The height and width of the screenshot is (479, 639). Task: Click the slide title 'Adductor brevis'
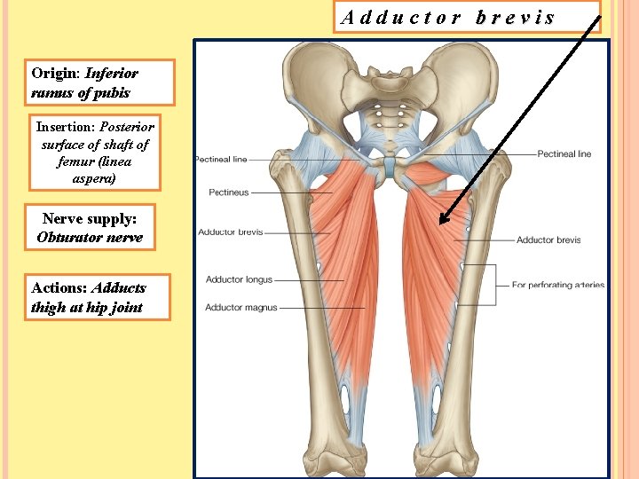tap(448, 17)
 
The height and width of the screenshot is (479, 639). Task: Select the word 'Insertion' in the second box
tap(65, 127)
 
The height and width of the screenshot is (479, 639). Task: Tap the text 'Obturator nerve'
tap(90, 238)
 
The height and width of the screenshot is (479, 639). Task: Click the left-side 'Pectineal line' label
tap(221, 160)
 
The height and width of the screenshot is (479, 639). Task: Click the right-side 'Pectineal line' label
tap(564, 154)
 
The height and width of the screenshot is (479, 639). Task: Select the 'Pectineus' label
tap(228, 192)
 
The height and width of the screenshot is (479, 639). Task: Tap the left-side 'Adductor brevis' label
tap(230, 232)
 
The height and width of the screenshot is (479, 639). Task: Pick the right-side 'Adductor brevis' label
tap(548, 240)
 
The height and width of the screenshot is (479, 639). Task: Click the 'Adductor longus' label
tap(239, 279)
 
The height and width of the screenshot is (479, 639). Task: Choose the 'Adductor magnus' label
tap(241, 308)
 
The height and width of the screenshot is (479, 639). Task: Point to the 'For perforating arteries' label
tap(558, 286)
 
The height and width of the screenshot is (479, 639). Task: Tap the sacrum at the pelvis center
tap(383, 111)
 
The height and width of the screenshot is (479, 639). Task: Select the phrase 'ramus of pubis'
tap(80, 92)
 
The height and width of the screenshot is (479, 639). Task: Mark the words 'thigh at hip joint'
tap(86, 309)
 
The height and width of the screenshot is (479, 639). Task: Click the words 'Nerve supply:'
tap(90, 218)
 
